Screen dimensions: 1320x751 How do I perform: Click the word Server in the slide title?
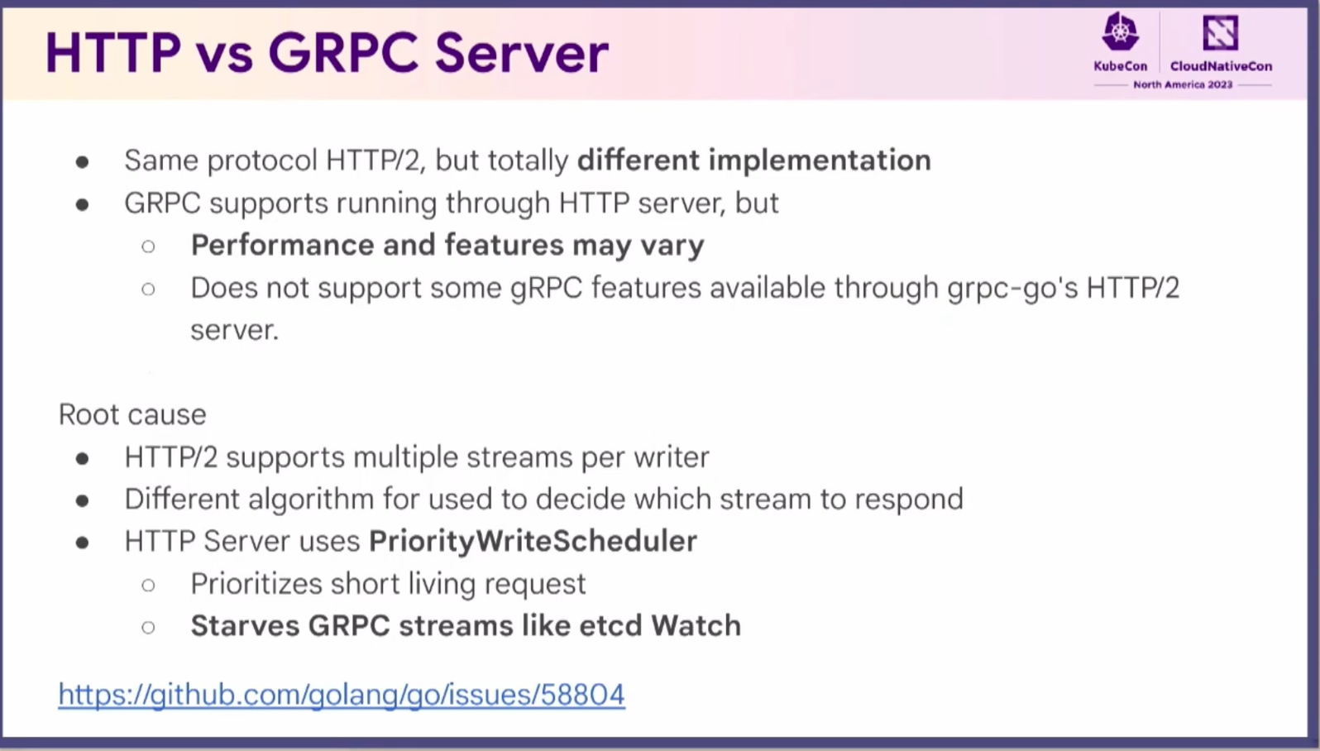pyautogui.click(x=522, y=53)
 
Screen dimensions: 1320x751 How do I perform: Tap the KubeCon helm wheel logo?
pyautogui.click(x=1120, y=31)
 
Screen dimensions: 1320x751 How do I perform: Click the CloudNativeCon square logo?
pyautogui.click(x=1221, y=32)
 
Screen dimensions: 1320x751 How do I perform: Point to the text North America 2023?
pyautogui.click(x=1183, y=85)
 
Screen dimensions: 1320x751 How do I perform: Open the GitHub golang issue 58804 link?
pyautogui.click(x=342, y=695)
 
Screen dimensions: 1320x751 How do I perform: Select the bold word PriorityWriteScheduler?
pyautogui.click(x=533, y=541)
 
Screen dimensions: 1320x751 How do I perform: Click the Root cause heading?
pyautogui.click(x=132, y=414)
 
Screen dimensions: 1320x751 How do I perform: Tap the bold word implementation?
pyautogui.click(x=820, y=161)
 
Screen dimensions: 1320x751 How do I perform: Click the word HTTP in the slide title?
pyautogui.click(x=113, y=53)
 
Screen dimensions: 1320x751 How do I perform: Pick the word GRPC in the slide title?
pyautogui.click(x=343, y=53)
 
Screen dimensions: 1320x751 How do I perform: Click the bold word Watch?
pyautogui.click(x=696, y=625)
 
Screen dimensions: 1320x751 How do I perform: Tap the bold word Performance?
pyautogui.click(x=283, y=245)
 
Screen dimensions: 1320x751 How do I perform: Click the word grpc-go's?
pyautogui.click(x=1012, y=289)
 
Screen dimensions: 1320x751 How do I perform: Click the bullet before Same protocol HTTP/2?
pyautogui.click(x=82, y=162)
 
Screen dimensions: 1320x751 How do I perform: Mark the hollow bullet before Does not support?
pyautogui.click(x=149, y=289)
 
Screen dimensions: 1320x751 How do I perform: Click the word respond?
pyautogui.click(x=909, y=500)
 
